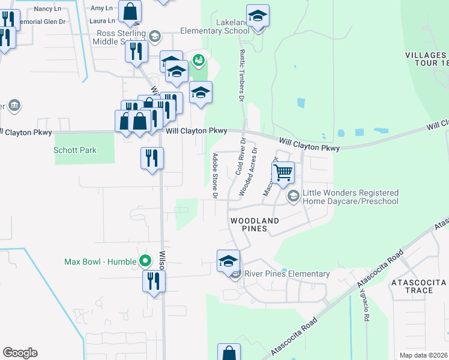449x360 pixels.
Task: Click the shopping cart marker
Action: tap(283, 173)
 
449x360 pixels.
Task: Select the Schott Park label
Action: tap(75, 150)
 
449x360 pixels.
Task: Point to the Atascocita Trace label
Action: tap(420, 286)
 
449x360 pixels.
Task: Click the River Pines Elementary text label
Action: tap(286, 274)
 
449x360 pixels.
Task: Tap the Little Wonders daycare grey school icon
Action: tap(294, 196)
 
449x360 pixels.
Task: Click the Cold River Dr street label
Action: tap(241, 156)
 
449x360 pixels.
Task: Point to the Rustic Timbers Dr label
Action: tap(243, 74)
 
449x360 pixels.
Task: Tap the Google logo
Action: tap(20, 353)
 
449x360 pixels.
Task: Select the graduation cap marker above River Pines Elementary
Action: tap(228, 261)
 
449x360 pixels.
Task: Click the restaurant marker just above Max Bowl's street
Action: tap(154, 281)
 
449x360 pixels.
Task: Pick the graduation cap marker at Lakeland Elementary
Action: tap(258, 16)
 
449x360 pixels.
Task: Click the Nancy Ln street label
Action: tap(49, 8)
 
